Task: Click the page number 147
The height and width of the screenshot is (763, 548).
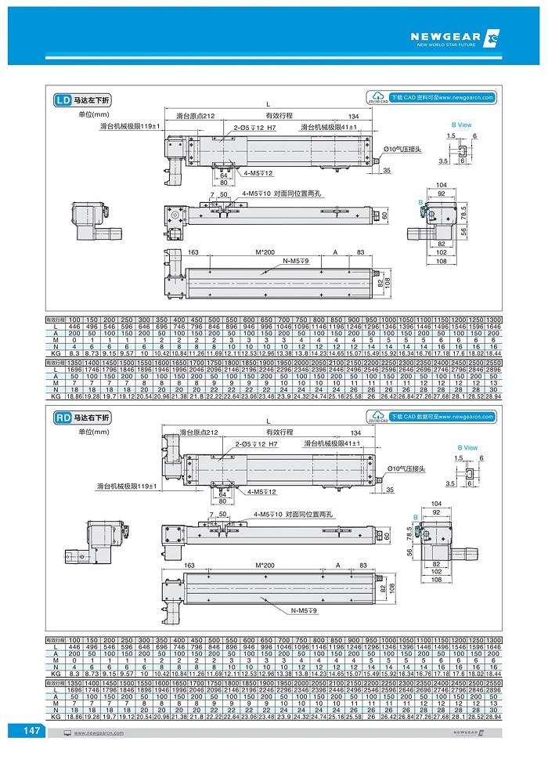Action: tap(31, 730)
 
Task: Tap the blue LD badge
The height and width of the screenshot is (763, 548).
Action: tap(63, 100)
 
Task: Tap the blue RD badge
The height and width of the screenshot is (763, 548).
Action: tap(63, 418)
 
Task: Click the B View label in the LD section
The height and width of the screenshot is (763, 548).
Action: tap(461, 125)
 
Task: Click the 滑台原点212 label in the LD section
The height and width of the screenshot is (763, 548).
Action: tap(195, 116)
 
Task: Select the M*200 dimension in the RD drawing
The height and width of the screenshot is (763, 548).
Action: tap(266, 564)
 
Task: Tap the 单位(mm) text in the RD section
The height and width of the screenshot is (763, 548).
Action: tap(82, 432)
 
